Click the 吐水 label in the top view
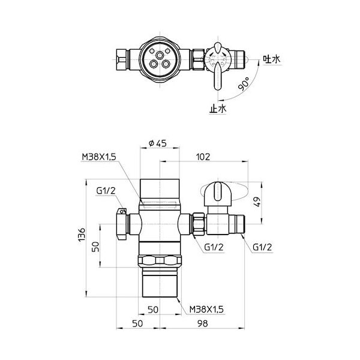[x=270, y=59]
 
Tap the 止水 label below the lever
[x=217, y=109]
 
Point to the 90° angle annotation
[x=244, y=85]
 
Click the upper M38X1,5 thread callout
[x=98, y=157]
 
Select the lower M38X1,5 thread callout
[x=206, y=308]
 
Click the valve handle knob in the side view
[x=216, y=193]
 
